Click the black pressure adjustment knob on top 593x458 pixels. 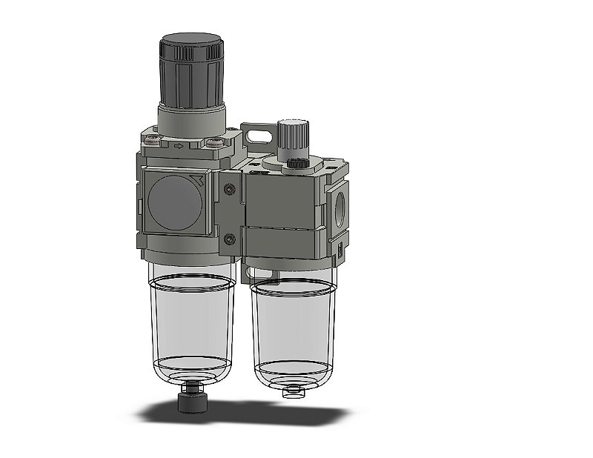pos(191,70)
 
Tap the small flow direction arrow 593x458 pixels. pos(179,146)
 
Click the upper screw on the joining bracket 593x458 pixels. pos(230,190)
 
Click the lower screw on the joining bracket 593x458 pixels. pos(230,238)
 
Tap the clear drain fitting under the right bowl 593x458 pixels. pos(293,389)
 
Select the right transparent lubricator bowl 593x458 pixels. pos(292,326)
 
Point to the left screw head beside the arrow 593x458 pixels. pos(154,142)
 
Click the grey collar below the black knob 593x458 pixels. pos(191,117)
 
